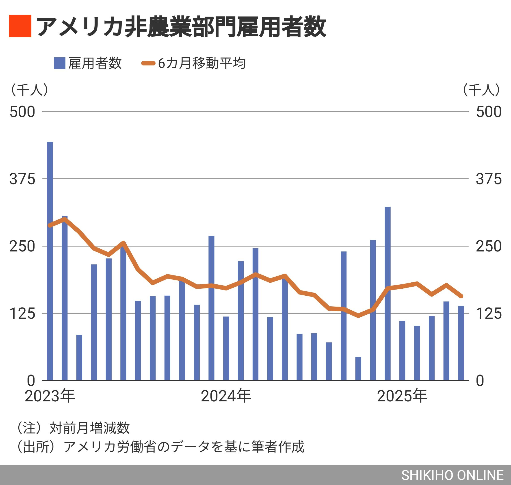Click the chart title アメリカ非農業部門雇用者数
click(181, 26)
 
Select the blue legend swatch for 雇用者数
click(59, 63)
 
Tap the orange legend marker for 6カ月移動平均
click(148, 63)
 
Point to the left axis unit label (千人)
click(29, 90)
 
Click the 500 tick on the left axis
click(22, 112)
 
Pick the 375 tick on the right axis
click(488, 179)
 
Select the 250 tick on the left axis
click(22, 246)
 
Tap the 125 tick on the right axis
click(488, 314)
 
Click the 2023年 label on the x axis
click(50, 396)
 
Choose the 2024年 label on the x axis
click(226, 396)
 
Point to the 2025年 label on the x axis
click(402, 396)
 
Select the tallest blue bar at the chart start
click(50, 261)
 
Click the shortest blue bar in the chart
click(358, 368)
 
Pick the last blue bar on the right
click(461, 343)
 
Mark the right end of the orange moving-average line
click(461, 296)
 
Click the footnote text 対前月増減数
click(89, 428)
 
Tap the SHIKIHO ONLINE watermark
click(452, 475)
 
